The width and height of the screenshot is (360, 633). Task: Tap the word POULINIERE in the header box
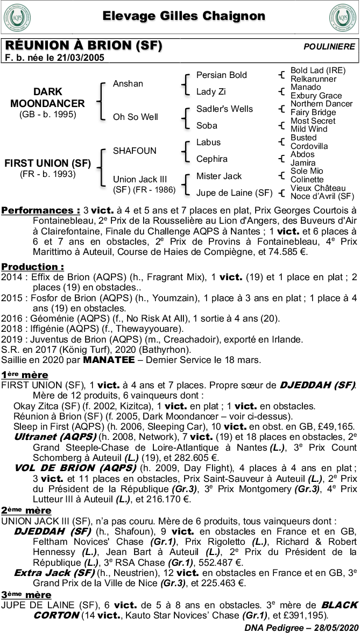click(x=329, y=47)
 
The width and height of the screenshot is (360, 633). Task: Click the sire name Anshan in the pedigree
click(x=128, y=83)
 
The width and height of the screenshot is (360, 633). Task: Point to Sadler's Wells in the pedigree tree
click(x=224, y=109)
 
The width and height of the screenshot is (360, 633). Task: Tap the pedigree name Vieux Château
click(x=318, y=188)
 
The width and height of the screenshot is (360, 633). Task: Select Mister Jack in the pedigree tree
click(x=219, y=176)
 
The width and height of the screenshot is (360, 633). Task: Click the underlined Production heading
click(x=32, y=267)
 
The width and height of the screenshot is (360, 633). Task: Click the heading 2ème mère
click(x=26, y=510)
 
